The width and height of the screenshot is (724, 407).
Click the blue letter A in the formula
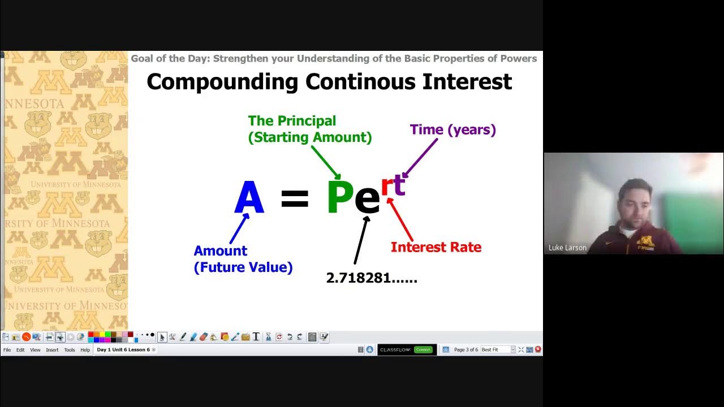(x=249, y=198)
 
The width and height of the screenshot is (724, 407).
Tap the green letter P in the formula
(x=340, y=198)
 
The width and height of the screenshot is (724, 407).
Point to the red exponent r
(x=387, y=186)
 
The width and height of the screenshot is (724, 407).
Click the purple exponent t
(x=399, y=184)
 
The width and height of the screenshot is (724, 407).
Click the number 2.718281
(x=371, y=278)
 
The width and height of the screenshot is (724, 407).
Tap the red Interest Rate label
(x=436, y=247)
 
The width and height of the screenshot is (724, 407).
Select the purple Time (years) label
(x=453, y=129)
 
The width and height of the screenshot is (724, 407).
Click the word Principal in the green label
(x=307, y=121)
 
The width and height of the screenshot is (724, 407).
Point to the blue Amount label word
(x=220, y=251)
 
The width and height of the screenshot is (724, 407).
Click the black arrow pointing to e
(x=361, y=240)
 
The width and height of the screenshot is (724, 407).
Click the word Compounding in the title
(x=222, y=82)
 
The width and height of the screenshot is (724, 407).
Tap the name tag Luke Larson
(x=567, y=248)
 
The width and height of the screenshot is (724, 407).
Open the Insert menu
(x=52, y=350)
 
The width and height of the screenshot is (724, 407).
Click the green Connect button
(x=423, y=350)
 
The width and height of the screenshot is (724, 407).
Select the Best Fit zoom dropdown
(x=498, y=350)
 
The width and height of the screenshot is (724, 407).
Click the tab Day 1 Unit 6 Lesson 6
(x=123, y=350)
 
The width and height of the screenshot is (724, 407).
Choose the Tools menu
(x=69, y=350)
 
